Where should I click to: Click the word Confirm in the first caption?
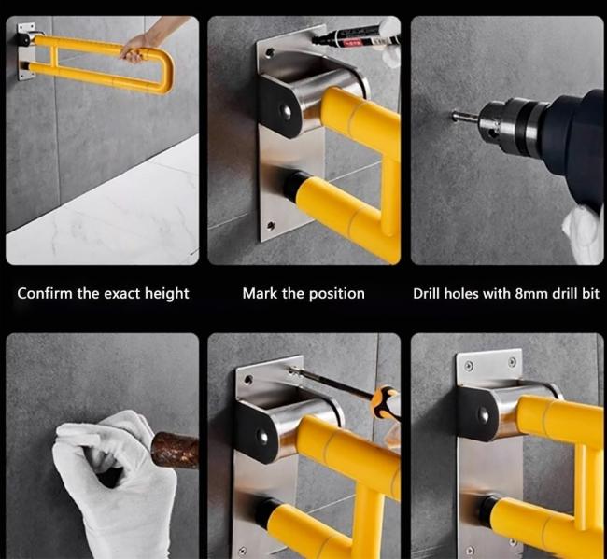coord(45,293)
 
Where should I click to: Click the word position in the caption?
coord(337,294)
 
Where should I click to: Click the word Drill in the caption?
coord(427,294)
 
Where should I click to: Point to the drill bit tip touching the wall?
coord(455,115)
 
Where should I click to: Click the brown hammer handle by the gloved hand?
coord(175,450)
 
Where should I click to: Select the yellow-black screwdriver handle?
coord(385,403)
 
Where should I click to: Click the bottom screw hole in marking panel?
coord(271,224)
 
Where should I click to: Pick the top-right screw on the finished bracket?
coord(513,362)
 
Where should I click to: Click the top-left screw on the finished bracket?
coord(469,366)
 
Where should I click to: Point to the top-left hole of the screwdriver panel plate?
coord(248,379)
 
